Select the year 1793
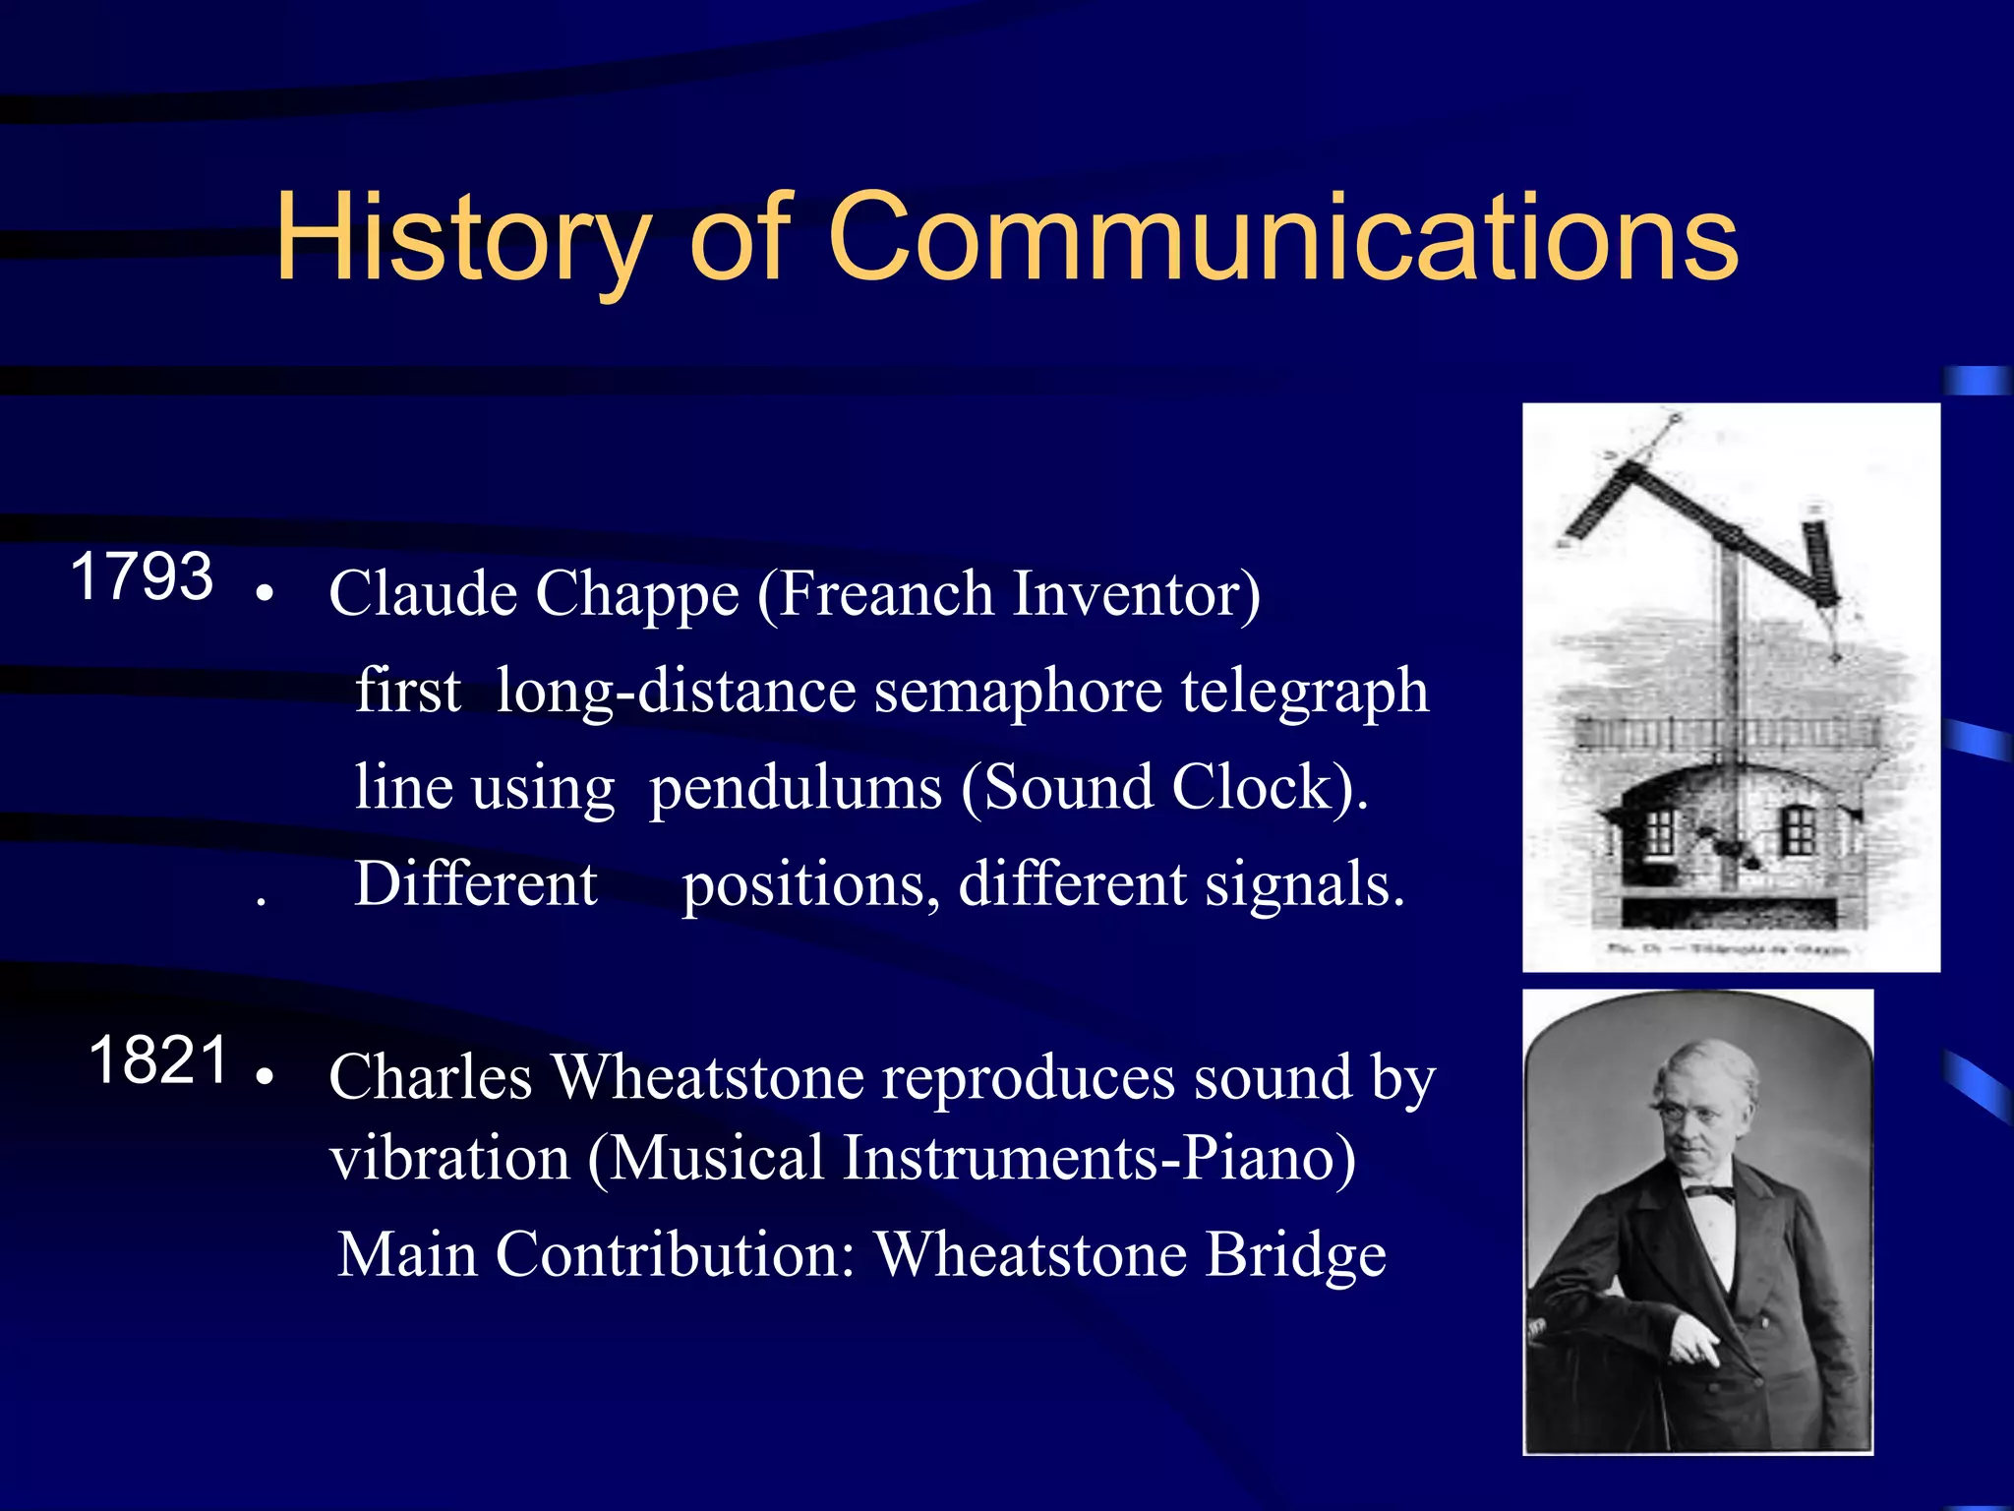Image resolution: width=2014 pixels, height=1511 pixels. pyautogui.click(x=142, y=576)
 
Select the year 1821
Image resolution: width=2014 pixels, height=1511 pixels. pyautogui.click(x=159, y=1060)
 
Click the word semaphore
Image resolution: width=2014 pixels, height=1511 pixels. pyautogui.click(x=1019, y=693)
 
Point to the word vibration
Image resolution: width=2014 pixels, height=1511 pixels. pyautogui.click(x=449, y=1158)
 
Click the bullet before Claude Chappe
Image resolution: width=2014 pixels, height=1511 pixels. pyautogui.click(x=263, y=594)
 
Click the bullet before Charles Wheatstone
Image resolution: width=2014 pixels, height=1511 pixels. pyautogui.click(x=263, y=1076)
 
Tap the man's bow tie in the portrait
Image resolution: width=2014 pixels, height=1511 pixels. pyautogui.click(x=1710, y=1193)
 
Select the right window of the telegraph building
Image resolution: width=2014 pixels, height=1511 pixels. pyautogui.click(x=1799, y=832)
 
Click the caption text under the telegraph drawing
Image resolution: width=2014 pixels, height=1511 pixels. pyautogui.click(x=1731, y=949)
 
